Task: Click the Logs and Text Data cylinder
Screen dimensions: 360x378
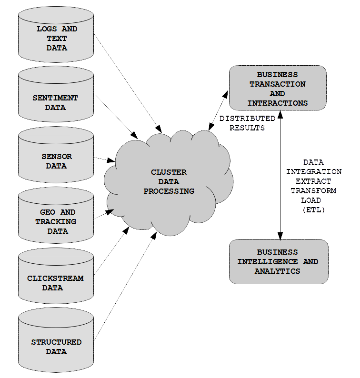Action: pos(56,34)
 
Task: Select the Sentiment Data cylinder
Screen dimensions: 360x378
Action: pos(56,94)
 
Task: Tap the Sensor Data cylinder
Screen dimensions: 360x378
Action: pos(56,155)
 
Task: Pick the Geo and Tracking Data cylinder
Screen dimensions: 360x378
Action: pos(56,215)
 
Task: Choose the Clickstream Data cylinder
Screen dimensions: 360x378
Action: pos(56,276)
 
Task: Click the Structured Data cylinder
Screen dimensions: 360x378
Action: pos(56,340)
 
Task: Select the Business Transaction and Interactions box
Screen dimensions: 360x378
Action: pos(278,88)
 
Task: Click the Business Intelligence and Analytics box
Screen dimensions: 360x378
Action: pos(279,262)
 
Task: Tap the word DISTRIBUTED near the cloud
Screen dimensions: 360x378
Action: pos(248,119)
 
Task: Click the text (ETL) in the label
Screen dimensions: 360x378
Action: pos(314,210)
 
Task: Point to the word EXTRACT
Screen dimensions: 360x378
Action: pos(313,181)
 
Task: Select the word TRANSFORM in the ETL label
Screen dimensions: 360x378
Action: pos(313,191)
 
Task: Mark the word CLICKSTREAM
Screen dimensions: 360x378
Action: pos(55,278)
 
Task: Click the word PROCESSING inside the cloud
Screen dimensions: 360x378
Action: pos(169,191)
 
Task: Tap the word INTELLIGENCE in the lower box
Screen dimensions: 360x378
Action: pos(268,261)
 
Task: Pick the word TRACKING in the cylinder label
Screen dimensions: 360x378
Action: pos(56,221)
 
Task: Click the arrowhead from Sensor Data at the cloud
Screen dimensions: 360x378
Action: pos(111,160)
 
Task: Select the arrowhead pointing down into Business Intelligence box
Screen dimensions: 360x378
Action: pos(280,236)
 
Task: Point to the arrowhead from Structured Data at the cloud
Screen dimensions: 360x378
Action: pos(154,236)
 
